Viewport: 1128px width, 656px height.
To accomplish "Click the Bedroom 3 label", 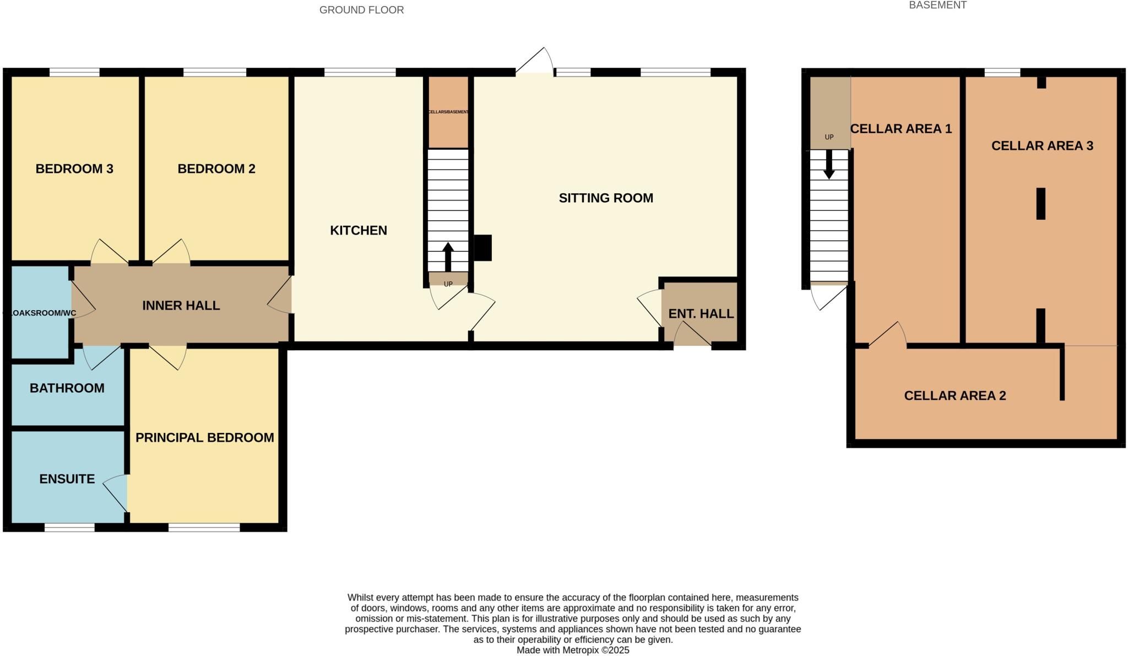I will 74,169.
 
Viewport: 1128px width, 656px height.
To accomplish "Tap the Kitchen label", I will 359,230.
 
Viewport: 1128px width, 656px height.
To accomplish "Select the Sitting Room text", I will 606,198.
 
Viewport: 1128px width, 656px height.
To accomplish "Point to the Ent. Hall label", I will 701,313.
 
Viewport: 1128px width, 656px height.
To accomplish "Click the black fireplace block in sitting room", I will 483,248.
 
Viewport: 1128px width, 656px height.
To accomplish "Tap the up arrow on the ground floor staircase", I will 448,256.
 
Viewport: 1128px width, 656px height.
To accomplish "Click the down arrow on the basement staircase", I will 828,165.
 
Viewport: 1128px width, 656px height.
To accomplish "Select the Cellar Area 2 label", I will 955,395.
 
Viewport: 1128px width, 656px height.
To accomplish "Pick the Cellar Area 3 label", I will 1042,145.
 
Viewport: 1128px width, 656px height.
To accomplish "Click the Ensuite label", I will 67,479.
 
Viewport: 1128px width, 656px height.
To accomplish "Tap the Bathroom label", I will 67,388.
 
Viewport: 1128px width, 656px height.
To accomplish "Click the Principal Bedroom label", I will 205,437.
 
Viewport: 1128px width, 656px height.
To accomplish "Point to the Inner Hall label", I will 181,305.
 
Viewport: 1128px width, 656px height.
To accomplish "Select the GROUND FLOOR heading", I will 361,10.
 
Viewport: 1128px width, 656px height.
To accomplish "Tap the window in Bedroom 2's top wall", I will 215,72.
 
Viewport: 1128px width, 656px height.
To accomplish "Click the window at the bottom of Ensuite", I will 69,527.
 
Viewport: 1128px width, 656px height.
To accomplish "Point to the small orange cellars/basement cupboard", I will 448,112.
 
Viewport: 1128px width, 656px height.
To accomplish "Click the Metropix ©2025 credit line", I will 572,650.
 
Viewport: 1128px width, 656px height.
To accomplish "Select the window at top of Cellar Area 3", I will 1002,72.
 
